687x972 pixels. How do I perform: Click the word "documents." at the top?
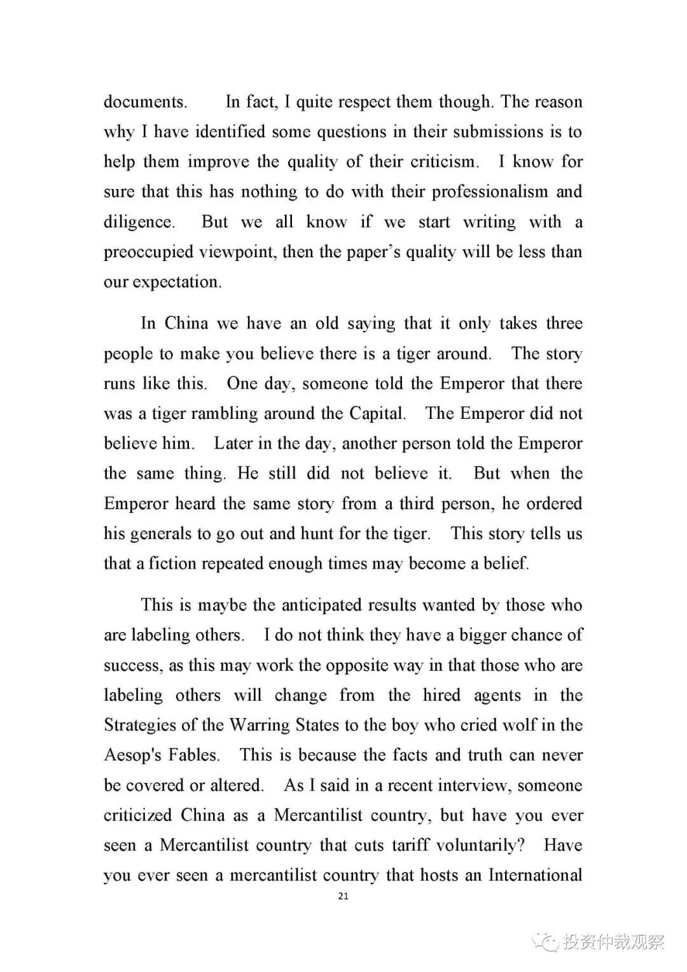pyautogui.click(x=145, y=102)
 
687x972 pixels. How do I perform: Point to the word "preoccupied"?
pyautogui.click(x=148, y=252)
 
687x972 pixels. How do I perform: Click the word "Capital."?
pyautogui.click(x=377, y=414)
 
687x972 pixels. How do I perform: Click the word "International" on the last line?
pyautogui.click(x=535, y=875)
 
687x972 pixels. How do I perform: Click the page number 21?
pyautogui.click(x=343, y=896)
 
